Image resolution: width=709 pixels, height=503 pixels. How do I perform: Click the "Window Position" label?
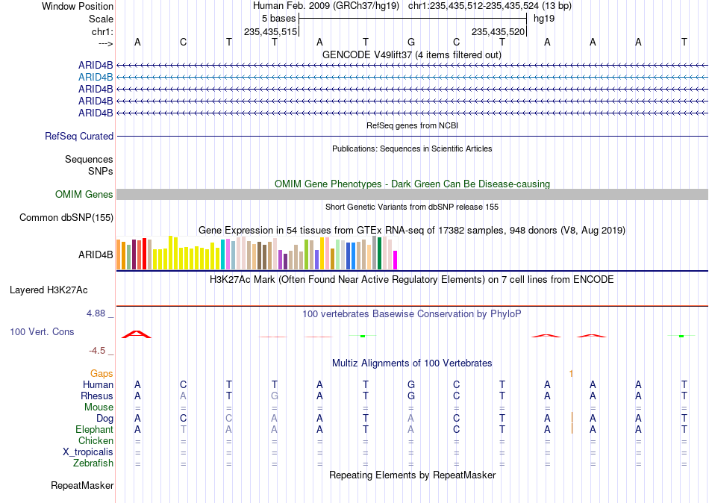[78, 6]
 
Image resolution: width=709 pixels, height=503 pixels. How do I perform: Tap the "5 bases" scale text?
[278, 19]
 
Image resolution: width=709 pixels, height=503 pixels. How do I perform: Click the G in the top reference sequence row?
[411, 42]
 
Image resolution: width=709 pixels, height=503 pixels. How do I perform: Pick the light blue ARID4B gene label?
[96, 78]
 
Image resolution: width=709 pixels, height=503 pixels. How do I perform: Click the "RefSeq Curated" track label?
[79, 136]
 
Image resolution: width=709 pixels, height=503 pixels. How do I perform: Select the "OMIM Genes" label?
[84, 195]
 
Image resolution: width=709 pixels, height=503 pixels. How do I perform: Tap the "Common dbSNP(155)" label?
[66, 218]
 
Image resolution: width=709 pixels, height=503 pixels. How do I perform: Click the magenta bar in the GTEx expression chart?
[395, 260]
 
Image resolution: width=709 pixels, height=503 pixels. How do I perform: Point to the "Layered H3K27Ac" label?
[49, 290]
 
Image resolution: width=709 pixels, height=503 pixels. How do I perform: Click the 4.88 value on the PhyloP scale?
[96, 313]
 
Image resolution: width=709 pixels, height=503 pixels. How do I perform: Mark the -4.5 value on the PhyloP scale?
[97, 351]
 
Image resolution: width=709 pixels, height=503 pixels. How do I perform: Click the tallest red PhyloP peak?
[137, 334]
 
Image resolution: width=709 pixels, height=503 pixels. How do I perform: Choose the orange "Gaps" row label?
[101, 374]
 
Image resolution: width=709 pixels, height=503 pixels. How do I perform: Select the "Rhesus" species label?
[97, 396]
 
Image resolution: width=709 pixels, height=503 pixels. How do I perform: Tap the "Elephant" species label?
[94, 430]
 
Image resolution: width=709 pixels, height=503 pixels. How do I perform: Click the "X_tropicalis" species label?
[88, 452]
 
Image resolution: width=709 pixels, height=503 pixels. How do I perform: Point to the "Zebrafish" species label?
[93, 463]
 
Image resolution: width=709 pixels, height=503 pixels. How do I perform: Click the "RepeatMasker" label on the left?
[82, 486]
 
